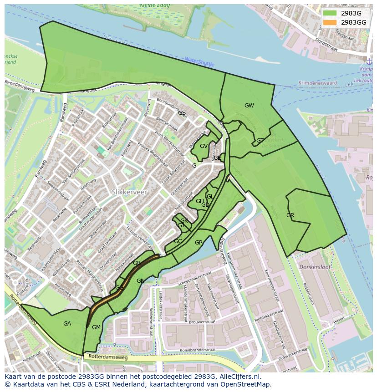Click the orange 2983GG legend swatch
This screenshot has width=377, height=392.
[x=330, y=22]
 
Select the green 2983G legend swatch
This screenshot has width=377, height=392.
[x=330, y=13]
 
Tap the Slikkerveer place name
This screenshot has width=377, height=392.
[x=129, y=192]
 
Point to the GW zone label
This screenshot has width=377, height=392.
[x=249, y=106]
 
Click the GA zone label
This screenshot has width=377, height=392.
[x=67, y=324]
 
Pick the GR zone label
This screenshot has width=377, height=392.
[x=290, y=215]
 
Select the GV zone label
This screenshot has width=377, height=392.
[x=204, y=146]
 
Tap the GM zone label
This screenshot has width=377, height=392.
[x=96, y=327]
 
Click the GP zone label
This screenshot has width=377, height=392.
[x=199, y=243]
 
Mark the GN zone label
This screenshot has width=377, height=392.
[x=141, y=281]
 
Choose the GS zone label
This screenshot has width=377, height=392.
[x=182, y=113]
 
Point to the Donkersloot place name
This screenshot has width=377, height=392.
[x=315, y=267]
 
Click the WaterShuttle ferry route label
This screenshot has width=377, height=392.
[x=199, y=62]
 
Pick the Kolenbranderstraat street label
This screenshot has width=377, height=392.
[x=197, y=350]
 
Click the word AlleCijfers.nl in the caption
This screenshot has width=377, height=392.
[x=239, y=377]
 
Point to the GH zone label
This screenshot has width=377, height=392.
[x=200, y=201]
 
